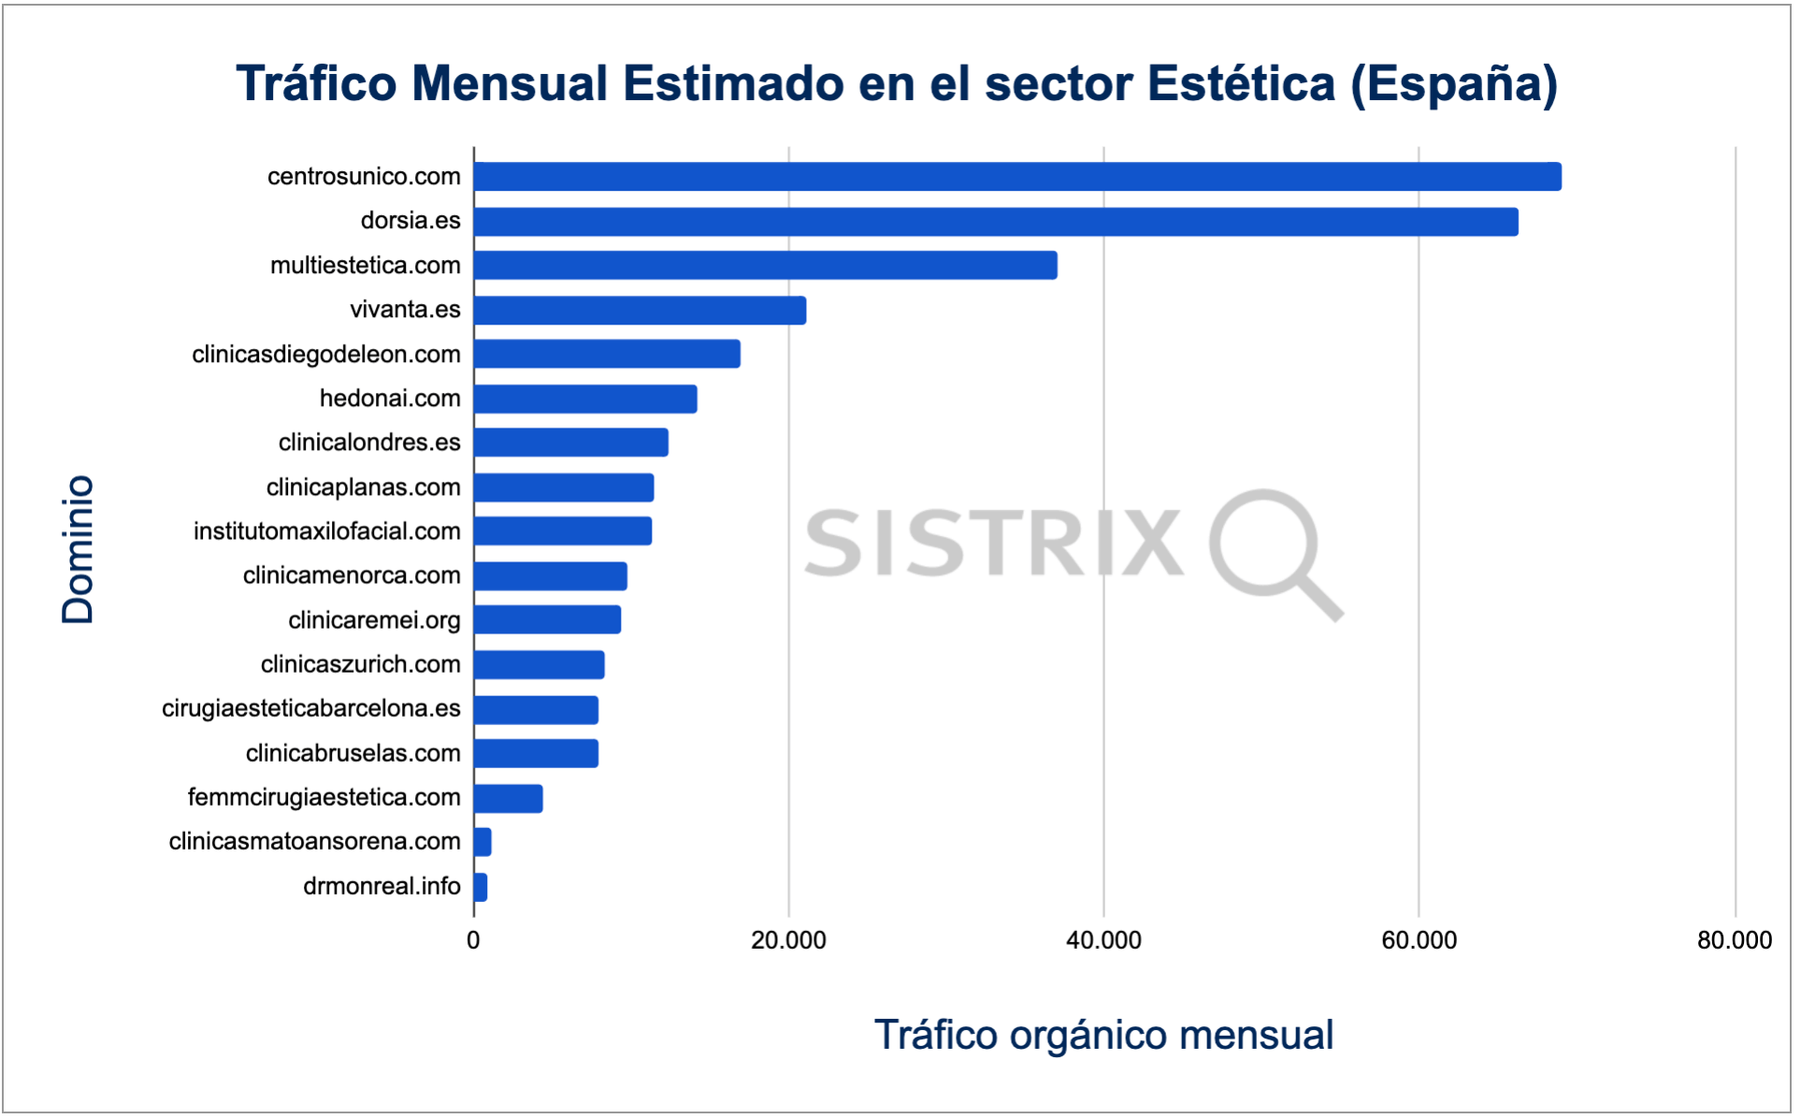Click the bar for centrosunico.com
(1017, 177)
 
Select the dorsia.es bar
(996, 222)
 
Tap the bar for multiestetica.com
(765, 266)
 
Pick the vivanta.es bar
(640, 311)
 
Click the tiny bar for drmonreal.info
(481, 887)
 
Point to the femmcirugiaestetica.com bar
(508, 799)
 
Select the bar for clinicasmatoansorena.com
(483, 843)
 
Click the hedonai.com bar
(585, 400)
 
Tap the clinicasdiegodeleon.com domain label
(326, 355)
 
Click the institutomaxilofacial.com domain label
(327, 531)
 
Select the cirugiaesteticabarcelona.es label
(311, 708)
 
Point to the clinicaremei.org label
(374, 620)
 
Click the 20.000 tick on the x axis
(788, 940)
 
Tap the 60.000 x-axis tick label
(1419, 940)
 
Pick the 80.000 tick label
(1735, 940)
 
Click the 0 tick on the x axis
(473, 940)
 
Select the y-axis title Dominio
(78, 549)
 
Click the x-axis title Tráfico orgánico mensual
(1103, 1036)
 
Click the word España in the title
(1452, 84)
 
